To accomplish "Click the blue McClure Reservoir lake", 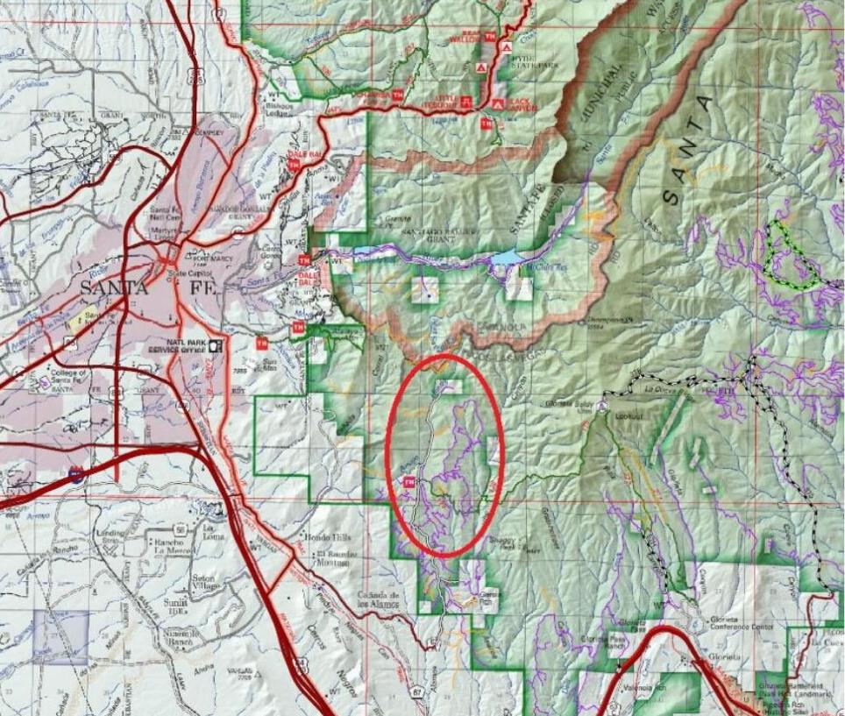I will point(506,258).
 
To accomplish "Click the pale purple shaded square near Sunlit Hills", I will point(60,637).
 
